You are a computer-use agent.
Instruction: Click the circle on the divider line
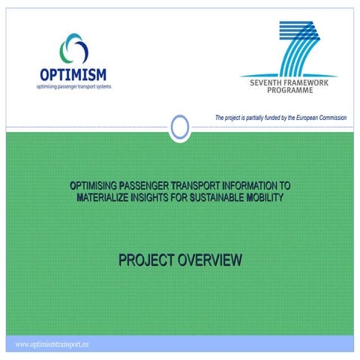point(179,127)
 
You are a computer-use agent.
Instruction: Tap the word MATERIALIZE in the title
point(104,197)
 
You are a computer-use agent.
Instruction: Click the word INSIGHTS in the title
point(157,197)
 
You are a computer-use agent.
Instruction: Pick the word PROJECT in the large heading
point(145,261)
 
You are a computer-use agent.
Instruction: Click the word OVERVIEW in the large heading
point(209,261)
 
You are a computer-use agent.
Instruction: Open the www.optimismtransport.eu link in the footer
point(52,343)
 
